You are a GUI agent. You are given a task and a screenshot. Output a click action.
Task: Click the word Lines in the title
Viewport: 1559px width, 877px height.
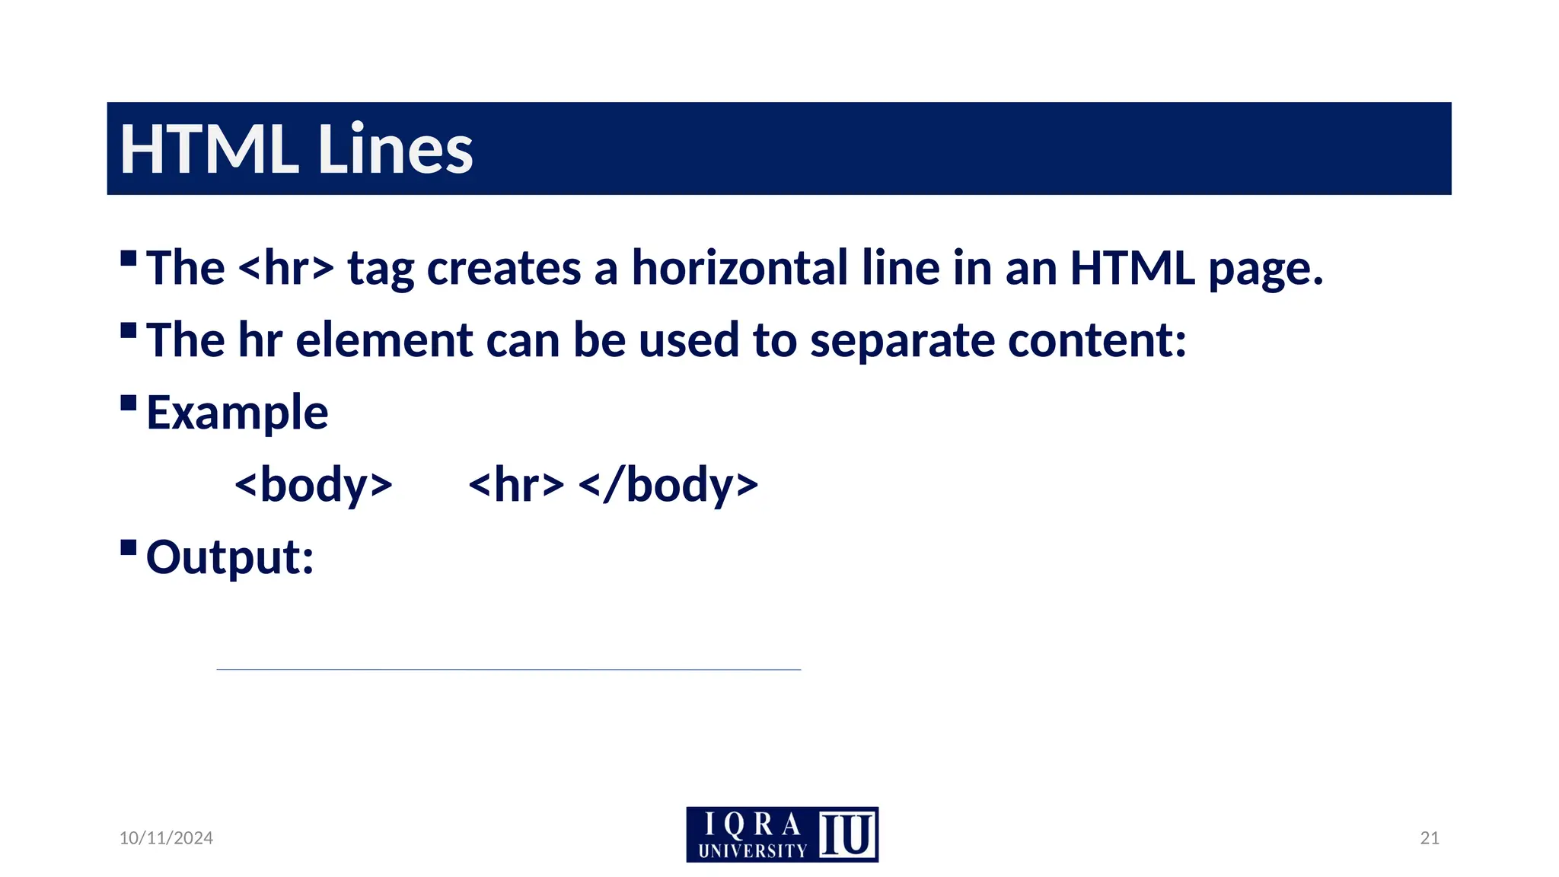395,149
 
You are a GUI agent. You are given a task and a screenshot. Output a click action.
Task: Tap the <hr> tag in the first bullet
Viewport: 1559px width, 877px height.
285,269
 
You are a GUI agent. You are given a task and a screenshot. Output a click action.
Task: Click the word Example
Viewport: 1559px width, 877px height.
237,413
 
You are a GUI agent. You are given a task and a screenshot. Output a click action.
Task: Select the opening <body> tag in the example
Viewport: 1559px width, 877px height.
313,486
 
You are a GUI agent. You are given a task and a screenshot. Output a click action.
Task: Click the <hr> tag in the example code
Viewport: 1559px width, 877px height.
516,486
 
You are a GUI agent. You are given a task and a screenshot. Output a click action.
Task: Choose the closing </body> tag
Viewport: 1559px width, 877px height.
668,486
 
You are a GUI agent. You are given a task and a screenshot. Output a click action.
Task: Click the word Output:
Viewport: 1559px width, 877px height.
230,558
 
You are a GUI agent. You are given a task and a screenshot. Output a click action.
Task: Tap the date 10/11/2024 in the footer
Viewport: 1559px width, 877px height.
166,838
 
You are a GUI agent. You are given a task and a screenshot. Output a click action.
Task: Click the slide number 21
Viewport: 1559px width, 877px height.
1430,838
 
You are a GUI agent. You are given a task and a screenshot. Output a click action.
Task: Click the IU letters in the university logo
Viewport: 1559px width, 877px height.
846,834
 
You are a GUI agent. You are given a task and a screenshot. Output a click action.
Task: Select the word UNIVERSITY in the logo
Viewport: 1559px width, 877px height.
752,851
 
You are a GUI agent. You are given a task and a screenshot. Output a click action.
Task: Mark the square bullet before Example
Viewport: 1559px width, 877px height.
129,403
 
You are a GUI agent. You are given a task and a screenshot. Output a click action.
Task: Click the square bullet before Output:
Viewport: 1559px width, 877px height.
129,547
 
